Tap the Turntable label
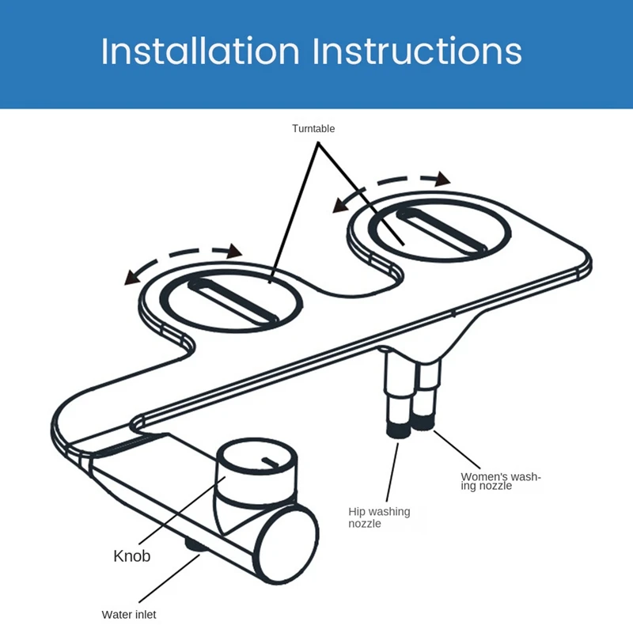pos(313,128)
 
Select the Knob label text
pos(131,555)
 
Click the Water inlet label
pos(129,614)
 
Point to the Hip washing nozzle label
pos(379,517)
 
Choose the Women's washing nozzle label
pos(500,481)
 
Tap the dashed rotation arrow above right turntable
pos(391,186)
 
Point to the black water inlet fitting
pos(194,545)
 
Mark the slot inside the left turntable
pos(233,302)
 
